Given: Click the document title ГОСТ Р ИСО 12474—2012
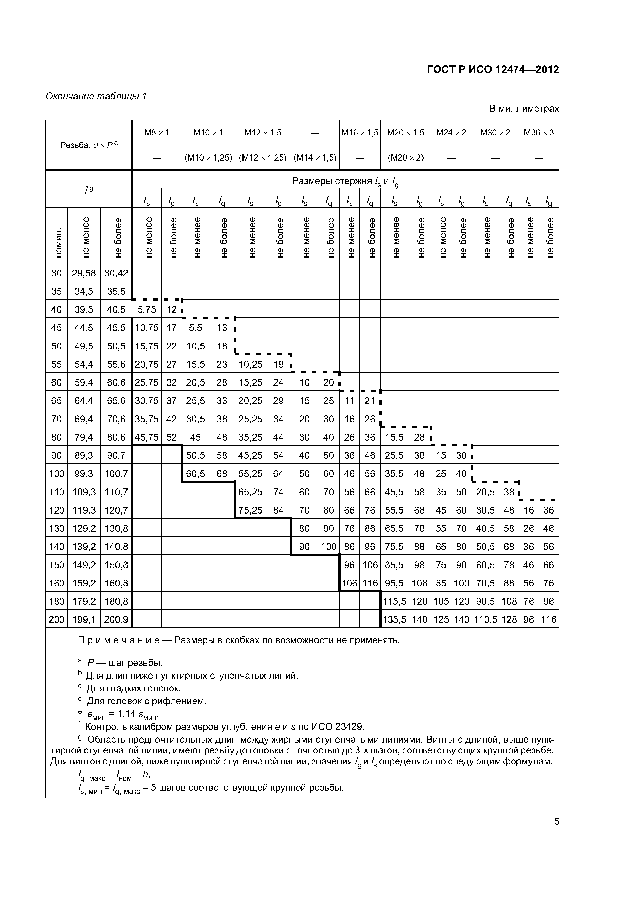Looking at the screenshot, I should pyautogui.click(x=493, y=70).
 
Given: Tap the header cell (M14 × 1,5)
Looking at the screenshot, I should pyautogui.click(x=315, y=158).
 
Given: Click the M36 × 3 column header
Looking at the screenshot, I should pyautogui.click(x=538, y=133).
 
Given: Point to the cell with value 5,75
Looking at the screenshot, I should pyautogui.click(x=147, y=310).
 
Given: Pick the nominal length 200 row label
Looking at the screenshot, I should pyautogui.click(x=56, y=619).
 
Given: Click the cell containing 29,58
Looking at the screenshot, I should pyautogui.click(x=84, y=273).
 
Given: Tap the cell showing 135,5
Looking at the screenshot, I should pyautogui.click(x=394, y=619).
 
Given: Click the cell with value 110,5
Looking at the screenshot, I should pyautogui.click(x=485, y=619).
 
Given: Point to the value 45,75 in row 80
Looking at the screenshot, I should pyautogui.click(x=147, y=437).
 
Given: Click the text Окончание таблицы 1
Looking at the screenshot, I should pyautogui.click(x=96, y=96).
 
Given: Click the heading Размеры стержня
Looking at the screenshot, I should pyautogui.click(x=332, y=181).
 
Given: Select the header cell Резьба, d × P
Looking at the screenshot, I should pyautogui.click(x=88, y=145).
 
